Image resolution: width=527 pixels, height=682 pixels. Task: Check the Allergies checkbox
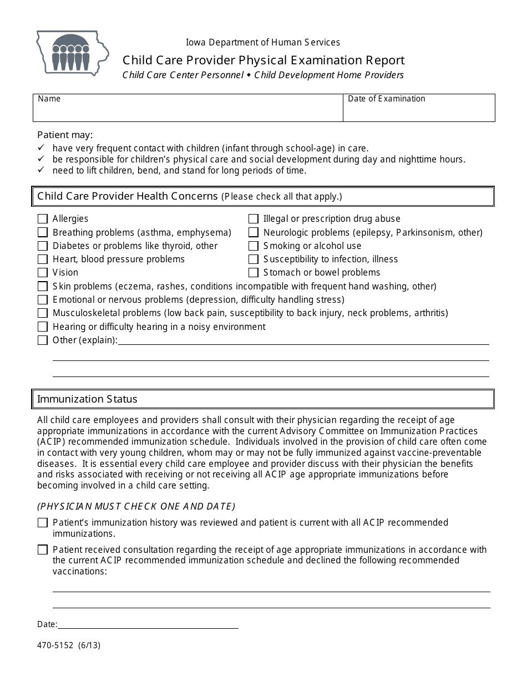(x=43, y=219)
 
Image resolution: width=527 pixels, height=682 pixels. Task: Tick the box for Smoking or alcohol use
(x=254, y=246)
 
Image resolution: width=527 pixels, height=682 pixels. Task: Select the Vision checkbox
(x=43, y=273)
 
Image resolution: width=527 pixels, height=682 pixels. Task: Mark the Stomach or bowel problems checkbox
(x=254, y=273)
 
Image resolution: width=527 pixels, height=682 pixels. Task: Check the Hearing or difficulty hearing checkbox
(x=43, y=327)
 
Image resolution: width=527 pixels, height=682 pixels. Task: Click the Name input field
(x=188, y=111)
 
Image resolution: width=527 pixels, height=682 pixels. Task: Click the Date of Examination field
(x=419, y=111)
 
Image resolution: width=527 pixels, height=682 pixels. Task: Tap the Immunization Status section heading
(x=87, y=399)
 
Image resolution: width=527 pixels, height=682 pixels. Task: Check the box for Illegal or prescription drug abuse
(x=254, y=219)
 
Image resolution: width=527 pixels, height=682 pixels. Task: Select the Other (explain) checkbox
(x=43, y=340)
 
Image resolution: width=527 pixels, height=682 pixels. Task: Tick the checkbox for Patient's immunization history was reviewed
(x=43, y=523)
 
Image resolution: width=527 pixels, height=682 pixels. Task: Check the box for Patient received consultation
(x=43, y=550)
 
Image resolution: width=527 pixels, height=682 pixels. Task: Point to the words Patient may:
(x=65, y=135)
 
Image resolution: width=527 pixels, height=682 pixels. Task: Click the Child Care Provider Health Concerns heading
(x=128, y=196)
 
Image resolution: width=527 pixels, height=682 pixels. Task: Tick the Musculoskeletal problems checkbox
(x=43, y=313)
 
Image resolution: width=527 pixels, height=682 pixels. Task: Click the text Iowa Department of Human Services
(x=263, y=42)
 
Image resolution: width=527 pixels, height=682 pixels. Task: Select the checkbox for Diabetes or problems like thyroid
(x=43, y=246)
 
